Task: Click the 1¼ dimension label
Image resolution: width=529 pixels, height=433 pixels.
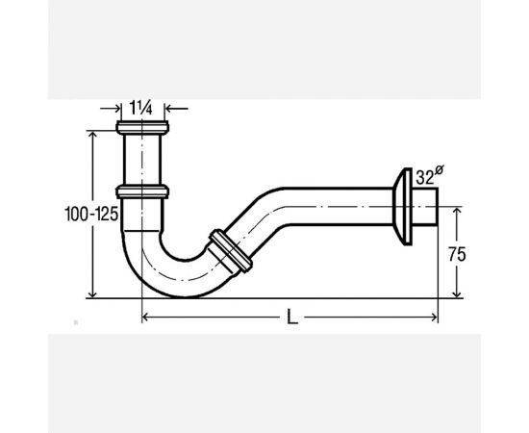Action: tap(141, 109)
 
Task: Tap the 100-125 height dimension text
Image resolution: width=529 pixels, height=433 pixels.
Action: tap(91, 214)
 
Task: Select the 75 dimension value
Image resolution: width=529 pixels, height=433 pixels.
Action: tap(457, 254)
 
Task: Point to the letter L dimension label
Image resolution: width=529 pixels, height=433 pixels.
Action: tap(292, 318)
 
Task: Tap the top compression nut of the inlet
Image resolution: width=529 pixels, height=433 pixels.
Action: tap(142, 128)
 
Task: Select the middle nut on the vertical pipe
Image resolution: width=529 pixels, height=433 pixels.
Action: tap(142, 191)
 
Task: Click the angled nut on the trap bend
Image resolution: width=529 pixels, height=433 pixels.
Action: tap(231, 251)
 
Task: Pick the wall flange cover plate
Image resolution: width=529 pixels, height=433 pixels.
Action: tap(403, 207)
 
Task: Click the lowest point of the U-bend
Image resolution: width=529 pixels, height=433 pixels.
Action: tap(185, 296)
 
